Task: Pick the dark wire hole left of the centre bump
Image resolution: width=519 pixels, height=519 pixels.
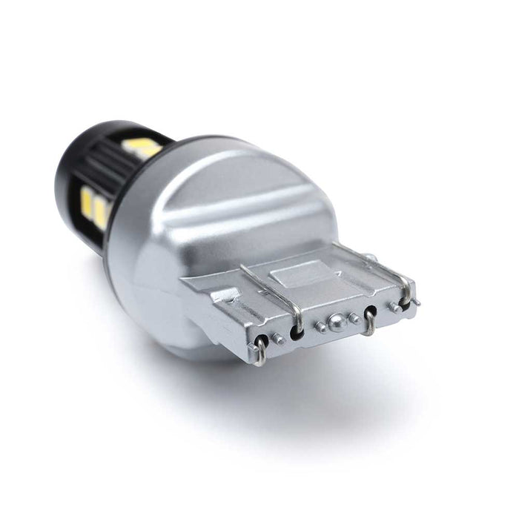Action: (297, 332)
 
